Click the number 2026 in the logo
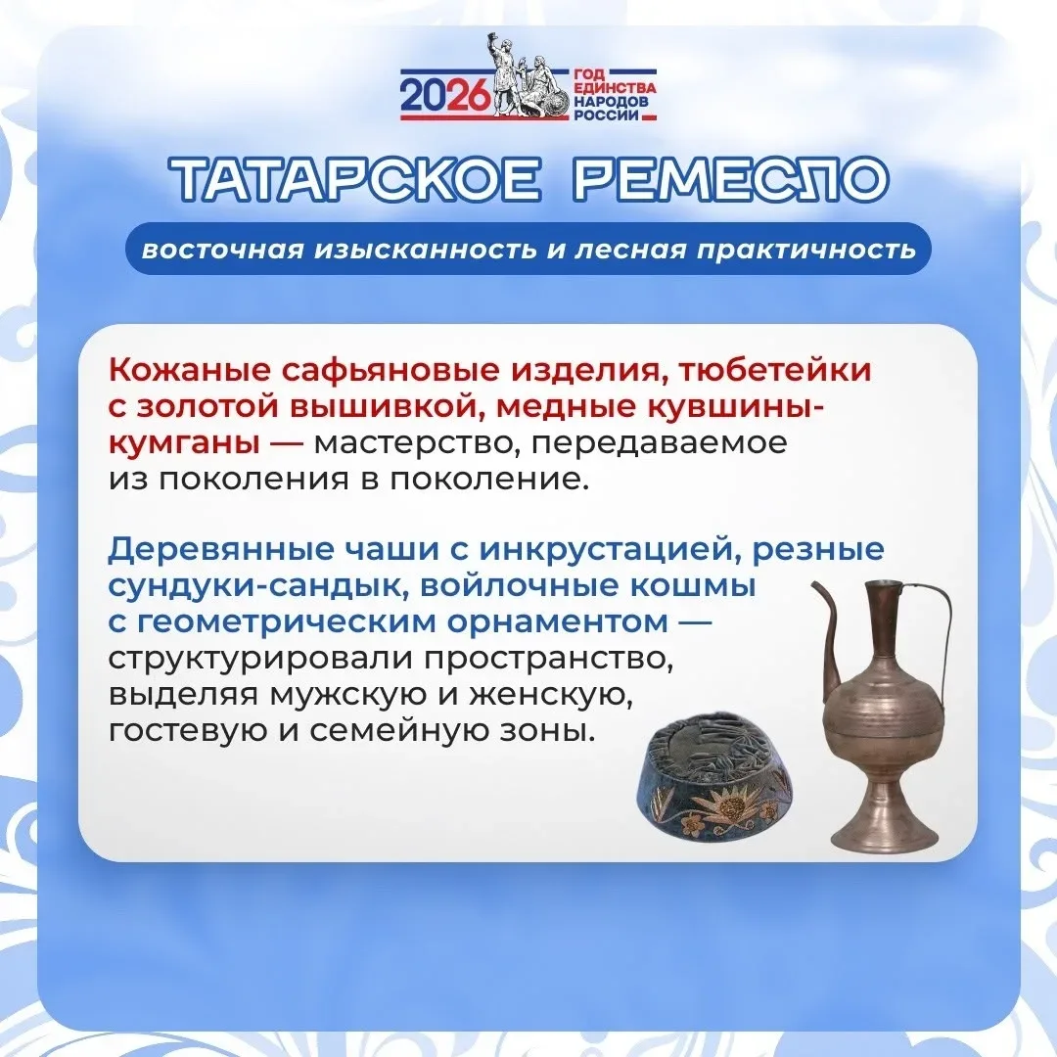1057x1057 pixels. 444,96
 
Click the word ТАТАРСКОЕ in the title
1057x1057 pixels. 355,179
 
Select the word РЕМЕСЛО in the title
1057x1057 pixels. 731,179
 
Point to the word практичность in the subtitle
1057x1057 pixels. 806,251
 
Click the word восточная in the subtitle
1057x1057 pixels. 222,251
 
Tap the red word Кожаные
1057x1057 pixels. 189,370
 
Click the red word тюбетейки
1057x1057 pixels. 774,372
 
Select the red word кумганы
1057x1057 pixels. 184,444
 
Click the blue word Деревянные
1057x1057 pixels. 220,550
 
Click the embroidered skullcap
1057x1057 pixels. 714,776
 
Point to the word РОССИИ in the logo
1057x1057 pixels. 606,115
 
